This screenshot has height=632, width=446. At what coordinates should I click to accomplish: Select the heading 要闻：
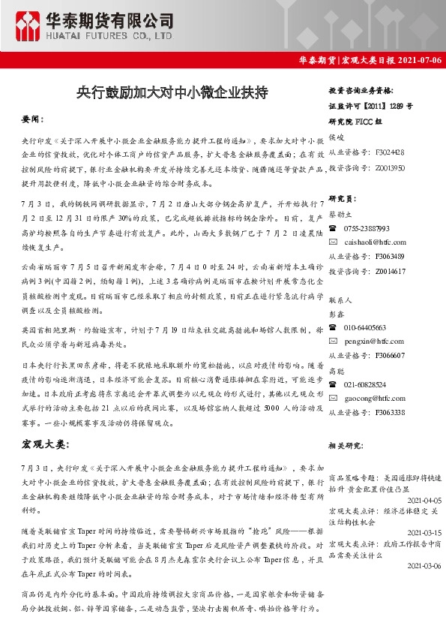[33, 120]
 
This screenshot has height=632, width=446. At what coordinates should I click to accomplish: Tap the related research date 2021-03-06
[423, 566]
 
